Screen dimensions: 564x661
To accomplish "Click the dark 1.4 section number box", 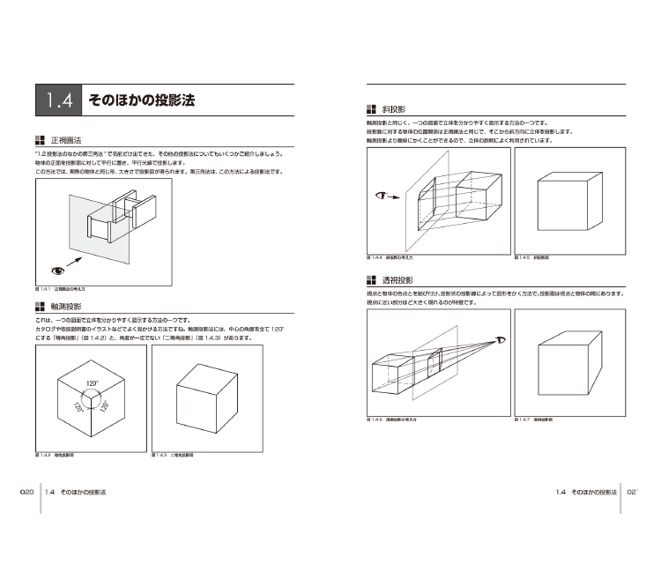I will coord(58,100).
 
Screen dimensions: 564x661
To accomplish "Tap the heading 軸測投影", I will coord(66,306).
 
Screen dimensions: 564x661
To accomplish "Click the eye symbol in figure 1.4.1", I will coord(58,271).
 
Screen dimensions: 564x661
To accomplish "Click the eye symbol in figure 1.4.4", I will coord(382,196).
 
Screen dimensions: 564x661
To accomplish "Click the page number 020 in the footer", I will coord(26,493).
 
